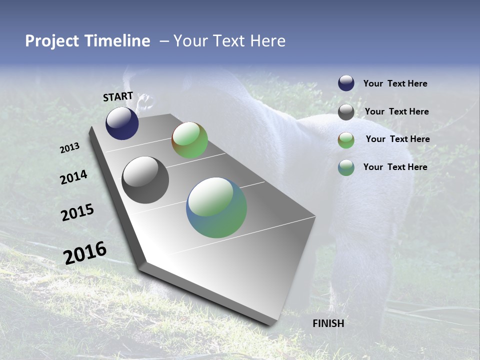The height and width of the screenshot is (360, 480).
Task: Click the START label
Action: [118, 96]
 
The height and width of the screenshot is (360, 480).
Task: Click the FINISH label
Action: [328, 323]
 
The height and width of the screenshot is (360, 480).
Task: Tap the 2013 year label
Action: [70, 148]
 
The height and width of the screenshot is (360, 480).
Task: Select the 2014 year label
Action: [73, 177]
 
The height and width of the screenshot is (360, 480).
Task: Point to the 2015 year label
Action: [77, 212]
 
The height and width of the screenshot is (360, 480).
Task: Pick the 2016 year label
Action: [85, 252]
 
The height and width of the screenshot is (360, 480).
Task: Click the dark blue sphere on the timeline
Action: [122, 123]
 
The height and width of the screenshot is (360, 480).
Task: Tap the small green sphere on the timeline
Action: [190, 140]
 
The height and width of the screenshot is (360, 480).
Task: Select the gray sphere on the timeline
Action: [145, 180]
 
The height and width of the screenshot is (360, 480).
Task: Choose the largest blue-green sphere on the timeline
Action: [216, 207]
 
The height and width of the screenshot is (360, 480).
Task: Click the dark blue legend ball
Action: [346, 83]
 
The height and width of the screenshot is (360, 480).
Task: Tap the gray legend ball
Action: [346, 112]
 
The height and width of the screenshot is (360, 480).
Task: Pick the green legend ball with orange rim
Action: [346, 140]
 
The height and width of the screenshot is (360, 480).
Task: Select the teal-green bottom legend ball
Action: [346, 167]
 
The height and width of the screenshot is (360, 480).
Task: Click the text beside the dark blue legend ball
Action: [395, 83]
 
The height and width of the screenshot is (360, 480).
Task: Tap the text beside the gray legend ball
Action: [396, 111]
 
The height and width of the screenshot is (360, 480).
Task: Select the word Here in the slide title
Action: [267, 41]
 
